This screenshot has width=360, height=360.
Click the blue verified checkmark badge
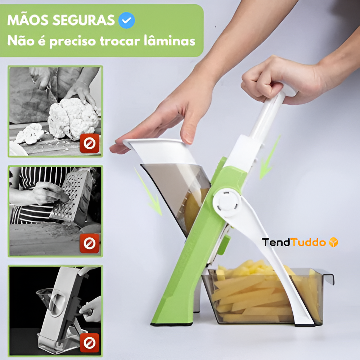(126, 20)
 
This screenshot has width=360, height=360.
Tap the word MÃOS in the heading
(28, 20)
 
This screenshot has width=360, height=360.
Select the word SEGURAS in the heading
(84, 20)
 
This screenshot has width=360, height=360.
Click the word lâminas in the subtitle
(170, 41)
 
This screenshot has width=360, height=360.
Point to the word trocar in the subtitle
(120, 41)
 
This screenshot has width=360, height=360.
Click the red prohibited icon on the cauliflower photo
(90, 144)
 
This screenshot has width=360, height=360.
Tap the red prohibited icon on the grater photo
(90, 243)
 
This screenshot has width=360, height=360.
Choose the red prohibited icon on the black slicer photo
(90, 343)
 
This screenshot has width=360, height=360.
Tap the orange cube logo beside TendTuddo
(334, 242)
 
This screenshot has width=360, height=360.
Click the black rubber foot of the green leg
(171, 324)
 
